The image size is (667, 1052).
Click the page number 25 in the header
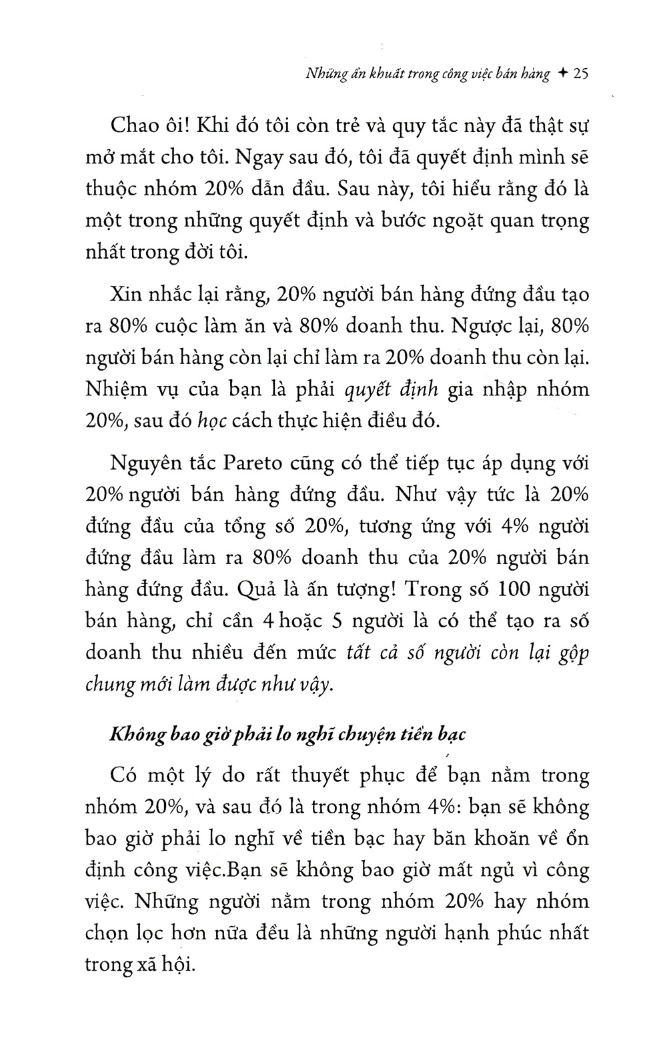[578, 75]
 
